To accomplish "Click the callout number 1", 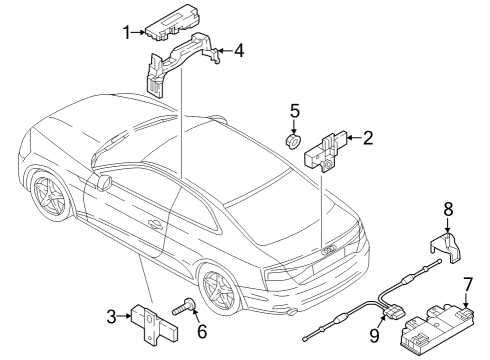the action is coord(126,33).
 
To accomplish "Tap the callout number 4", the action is coord(239,51).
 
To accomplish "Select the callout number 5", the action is coord(295,111).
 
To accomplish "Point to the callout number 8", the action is coord(448,209).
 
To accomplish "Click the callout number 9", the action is coord(375,335).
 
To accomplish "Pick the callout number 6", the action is coord(202,331).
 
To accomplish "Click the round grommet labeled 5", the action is coord(294,141).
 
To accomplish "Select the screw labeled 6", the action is coord(184,306).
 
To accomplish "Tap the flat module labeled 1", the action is coord(173,22).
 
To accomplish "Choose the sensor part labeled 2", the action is coord(322,153).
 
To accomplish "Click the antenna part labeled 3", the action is coord(154,323).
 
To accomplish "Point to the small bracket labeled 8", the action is coord(445,248).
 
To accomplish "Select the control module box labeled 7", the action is coord(437,328).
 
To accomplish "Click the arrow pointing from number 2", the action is coord(354,137).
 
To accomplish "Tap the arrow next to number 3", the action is coord(125,316).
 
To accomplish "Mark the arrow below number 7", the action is coord(466,300).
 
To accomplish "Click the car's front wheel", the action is coord(51,195).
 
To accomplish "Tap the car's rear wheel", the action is coord(220,289).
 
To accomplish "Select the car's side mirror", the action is coord(104,183).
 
